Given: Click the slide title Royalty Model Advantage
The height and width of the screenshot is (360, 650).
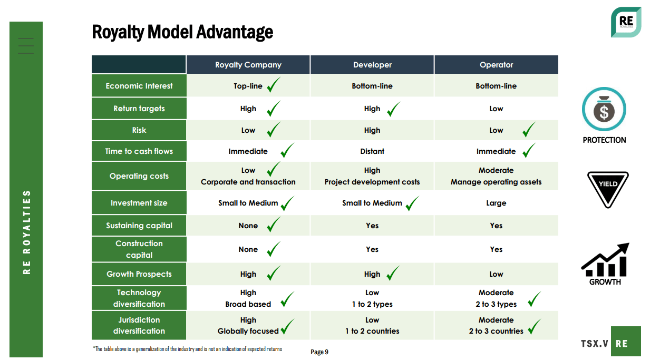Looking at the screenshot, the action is [x=182, y=32].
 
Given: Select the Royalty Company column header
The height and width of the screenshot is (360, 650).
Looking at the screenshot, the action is [x=248, y=65].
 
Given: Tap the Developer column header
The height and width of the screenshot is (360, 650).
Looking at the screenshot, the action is [x=372, y=65].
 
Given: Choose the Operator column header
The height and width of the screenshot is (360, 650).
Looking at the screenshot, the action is [x=496, y=65].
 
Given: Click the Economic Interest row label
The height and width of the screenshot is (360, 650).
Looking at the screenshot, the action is [x=139, y=86].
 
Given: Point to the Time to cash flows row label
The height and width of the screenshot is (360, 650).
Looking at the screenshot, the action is [x=139, y=151].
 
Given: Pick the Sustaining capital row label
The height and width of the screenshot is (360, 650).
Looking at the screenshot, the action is [x=139, y=226].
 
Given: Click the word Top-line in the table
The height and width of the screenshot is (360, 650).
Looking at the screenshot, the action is [x=248, y=86].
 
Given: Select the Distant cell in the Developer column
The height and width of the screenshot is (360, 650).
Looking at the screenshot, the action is [x=372, y=151].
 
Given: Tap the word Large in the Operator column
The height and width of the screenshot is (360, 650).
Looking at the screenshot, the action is [x=496, y=203].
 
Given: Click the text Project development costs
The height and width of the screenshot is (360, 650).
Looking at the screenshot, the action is [x=372, y=182].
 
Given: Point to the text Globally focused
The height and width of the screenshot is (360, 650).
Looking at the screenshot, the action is [x=248, y=331].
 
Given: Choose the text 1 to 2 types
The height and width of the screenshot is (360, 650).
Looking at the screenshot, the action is [x=372, y=304].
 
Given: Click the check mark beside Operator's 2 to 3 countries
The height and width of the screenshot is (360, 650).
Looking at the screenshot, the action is [x=534, y=327].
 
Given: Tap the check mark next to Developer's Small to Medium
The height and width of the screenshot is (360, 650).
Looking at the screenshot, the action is [x=412, y=203].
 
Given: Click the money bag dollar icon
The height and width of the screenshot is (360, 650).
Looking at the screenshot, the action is [x=604, y=109].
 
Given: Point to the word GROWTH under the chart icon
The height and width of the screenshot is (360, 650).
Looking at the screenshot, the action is [x=605, y=281].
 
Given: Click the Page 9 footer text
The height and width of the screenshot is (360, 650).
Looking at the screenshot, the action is [x=319, y=352].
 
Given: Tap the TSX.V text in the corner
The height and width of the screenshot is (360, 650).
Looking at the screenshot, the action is [x=594, y=344].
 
